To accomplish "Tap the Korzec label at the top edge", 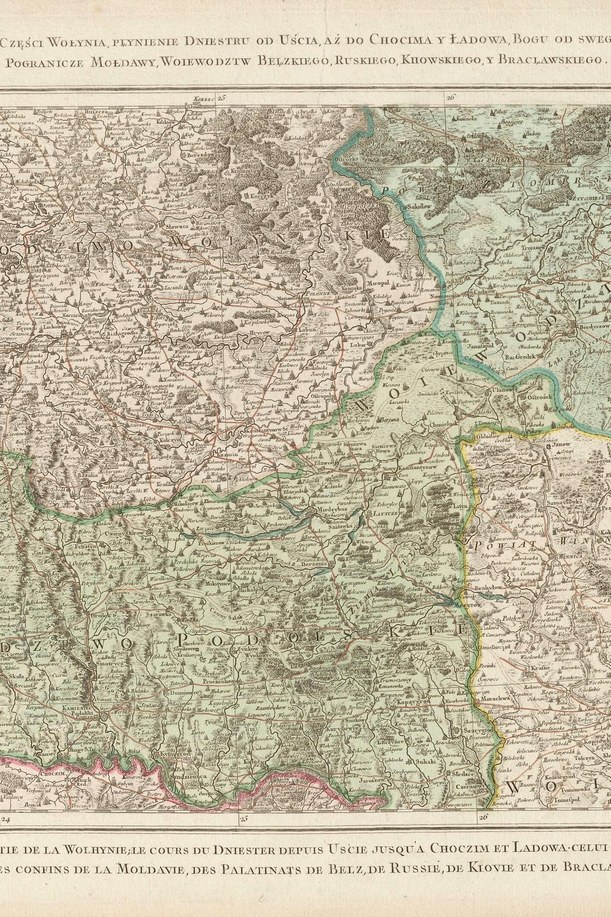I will tap(204, 99).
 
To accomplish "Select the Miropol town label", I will tap(377, 284).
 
